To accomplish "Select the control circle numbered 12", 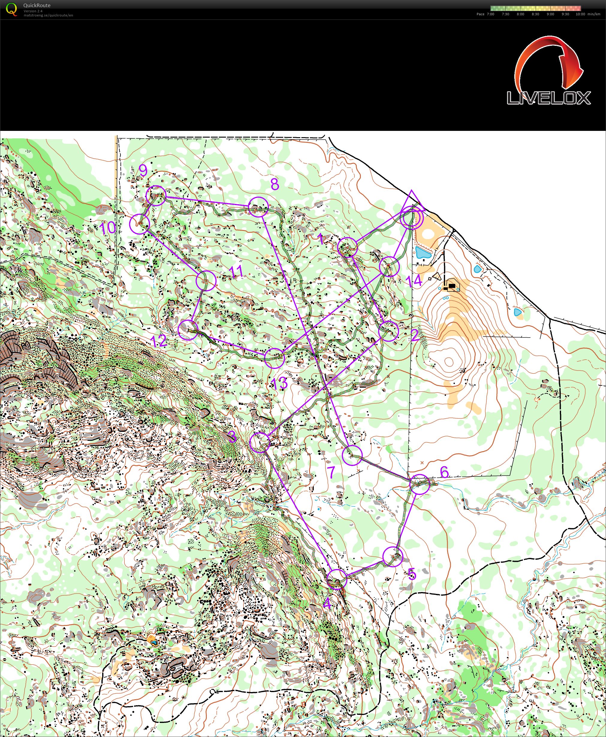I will click(188, 330).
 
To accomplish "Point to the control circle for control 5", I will click(393, 556).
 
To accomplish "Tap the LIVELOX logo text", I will click(548, 98).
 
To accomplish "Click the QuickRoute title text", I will click(37, 5).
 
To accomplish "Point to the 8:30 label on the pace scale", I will click(535, 14).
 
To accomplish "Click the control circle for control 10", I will click(139, 224).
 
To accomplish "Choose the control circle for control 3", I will click(260, 443).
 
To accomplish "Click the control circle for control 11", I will click(206, 280).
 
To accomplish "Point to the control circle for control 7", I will click(352, 455).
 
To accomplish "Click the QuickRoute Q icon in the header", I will click(11, 9).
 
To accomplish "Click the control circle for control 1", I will click(348, 247).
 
